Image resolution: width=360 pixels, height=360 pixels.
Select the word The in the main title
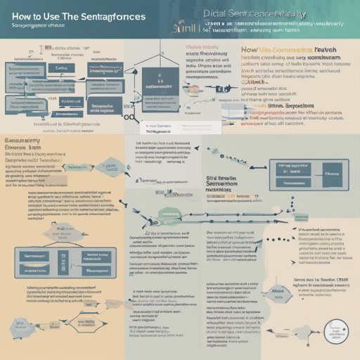point(80,16)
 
